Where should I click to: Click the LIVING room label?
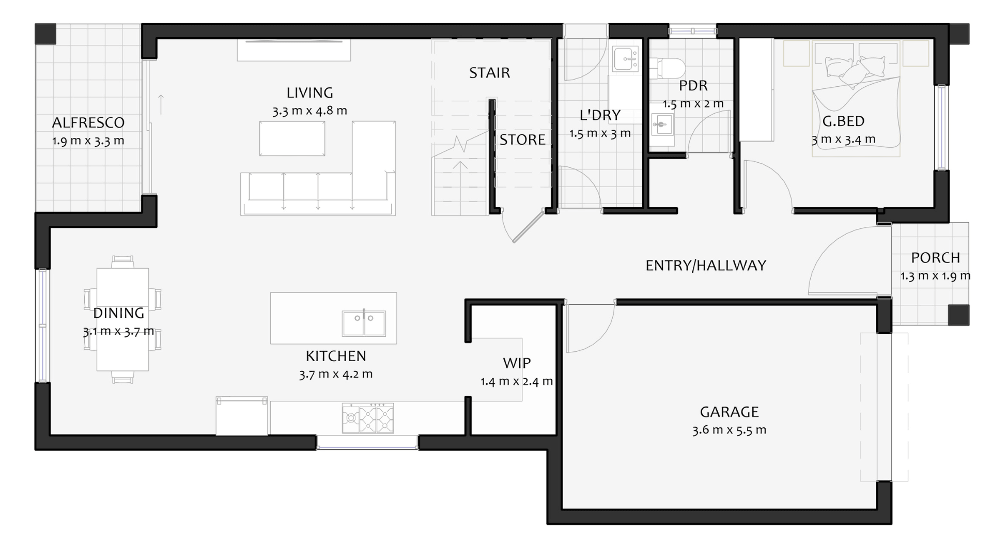pyautogui.click(x=309, y=93)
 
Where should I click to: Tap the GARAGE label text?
pyautogui.click(x=729, y=412)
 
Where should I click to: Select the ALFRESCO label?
pyautogui.click(x=88, y=123)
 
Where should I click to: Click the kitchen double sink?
pyautogui.click(x=364, y=323)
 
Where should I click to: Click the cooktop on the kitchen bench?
pyautogui.click(x=367, y=418)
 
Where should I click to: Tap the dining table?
pyautogui.click(x=122, y=319)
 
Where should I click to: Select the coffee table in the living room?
pyautogui.click(x=292, y=138)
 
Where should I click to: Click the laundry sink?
pyautogui.click(x=626, y=58)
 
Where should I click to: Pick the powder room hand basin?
pyautogui.click(x=662, y=124)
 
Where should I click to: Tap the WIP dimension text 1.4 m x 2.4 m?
pyautogui.click(x=517, y=382)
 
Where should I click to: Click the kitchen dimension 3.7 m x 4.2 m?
pyautogui.click(x=336, y=375)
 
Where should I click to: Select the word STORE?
pyautogui.click(x=522, y=140)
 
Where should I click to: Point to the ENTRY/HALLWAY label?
pyautogui.click(x=706, y=266)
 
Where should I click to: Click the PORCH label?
pyautogui.click(x=935, y=258)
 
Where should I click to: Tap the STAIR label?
pyautogui.click(x=489, y=73)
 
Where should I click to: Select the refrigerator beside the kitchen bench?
pyautogui.click(x=242, y=416)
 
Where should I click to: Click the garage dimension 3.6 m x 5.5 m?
pyautogui.click(x=729, y=430)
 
